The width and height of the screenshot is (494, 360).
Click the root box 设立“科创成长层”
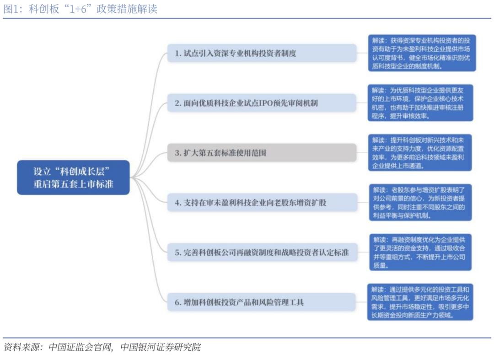73,177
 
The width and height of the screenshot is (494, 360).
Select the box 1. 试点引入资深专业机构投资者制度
262,53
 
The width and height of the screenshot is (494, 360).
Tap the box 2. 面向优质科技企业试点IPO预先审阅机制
262,102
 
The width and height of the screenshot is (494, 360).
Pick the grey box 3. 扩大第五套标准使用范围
262,153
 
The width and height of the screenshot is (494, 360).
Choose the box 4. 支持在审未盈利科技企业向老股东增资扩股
262,203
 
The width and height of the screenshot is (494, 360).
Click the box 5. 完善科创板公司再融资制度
262,253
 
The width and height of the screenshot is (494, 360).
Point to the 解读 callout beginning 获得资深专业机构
422,53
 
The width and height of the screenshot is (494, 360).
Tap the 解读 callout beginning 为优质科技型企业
420,102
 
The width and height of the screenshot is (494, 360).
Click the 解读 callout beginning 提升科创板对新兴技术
419,153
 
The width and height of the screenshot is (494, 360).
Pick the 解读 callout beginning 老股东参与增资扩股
420,203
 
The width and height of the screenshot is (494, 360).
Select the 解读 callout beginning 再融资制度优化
420,253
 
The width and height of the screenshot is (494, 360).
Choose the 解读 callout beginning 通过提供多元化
420,302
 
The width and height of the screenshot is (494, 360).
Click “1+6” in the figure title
78,9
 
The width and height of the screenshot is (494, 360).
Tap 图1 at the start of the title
11,9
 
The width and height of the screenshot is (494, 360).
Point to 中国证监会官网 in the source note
80,347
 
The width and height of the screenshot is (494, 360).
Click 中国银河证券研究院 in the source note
161,347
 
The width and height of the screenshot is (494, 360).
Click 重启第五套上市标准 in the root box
73,184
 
